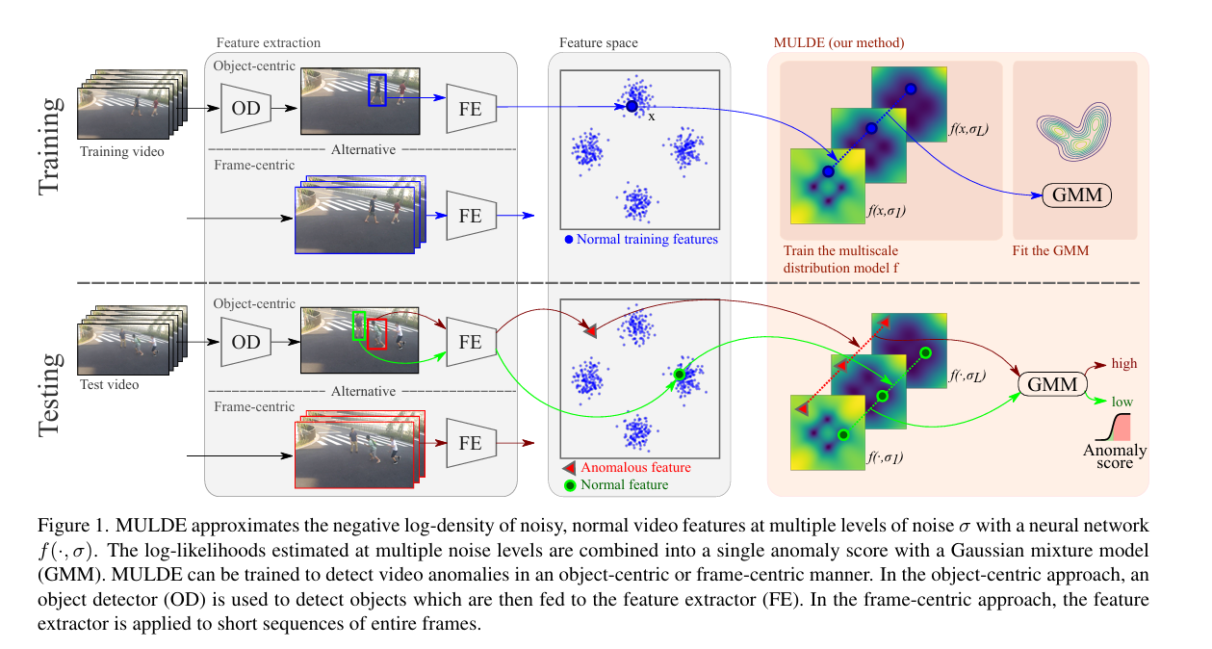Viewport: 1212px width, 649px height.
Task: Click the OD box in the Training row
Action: pos(245,109)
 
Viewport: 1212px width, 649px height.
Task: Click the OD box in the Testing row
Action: pos(245,342)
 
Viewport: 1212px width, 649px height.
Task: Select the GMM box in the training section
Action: pos(1076,195)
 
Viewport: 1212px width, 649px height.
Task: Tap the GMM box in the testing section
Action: pos(1051,383)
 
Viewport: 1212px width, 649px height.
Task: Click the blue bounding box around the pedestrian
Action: pos(377,90)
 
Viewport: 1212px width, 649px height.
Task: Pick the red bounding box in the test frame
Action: pos(376,333)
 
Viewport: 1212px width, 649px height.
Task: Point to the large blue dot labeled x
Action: pos(632,106)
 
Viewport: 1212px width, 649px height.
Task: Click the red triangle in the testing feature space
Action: pos(590,331)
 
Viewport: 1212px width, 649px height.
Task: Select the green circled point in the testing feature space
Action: pos(680,374)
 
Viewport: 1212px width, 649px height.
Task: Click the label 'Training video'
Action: pos(122,151)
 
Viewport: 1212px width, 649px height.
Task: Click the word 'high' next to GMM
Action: pos(1123,364)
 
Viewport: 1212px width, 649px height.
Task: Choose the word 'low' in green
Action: pos(1122,402)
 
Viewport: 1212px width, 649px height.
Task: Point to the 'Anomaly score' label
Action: pos(1115,456)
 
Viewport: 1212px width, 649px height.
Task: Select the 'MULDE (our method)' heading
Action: pos(838,43)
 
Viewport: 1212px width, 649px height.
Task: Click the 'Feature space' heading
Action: pos(598,43)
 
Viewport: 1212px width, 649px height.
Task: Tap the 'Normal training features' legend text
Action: pos(647,239)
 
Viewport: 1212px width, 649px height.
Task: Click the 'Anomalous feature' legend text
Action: pos(635,468)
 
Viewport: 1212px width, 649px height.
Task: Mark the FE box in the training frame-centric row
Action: pos(471,216)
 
